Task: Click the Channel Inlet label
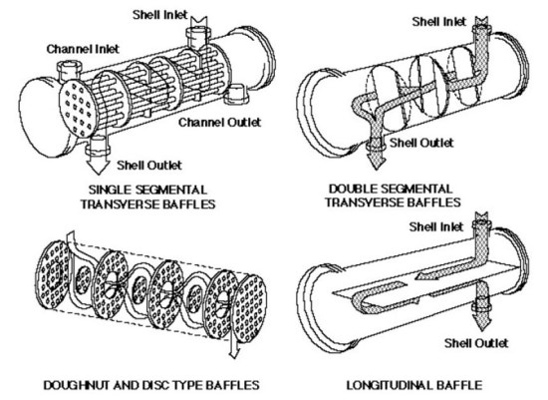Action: [x=83, y=49]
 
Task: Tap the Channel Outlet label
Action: [x=219, y=122]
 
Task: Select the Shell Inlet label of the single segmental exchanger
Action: [x=160, y=15]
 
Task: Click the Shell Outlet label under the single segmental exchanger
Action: [x=149, y=165]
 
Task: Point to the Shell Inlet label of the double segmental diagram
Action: [x=439, y=22]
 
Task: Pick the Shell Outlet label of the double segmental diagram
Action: [x=421, y=143]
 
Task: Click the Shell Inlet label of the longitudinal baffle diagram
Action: [x=436, y=226]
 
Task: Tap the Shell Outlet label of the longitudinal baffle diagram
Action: [x=476, y=343]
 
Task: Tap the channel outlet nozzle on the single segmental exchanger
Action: [x=236, y=95]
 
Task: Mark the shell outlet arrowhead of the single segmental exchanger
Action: [x=98, y=167]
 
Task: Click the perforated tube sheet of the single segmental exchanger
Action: [x=78, y=109]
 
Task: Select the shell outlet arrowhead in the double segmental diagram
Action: [x=376, y=163]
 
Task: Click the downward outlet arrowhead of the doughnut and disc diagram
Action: [x=234, y=354]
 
